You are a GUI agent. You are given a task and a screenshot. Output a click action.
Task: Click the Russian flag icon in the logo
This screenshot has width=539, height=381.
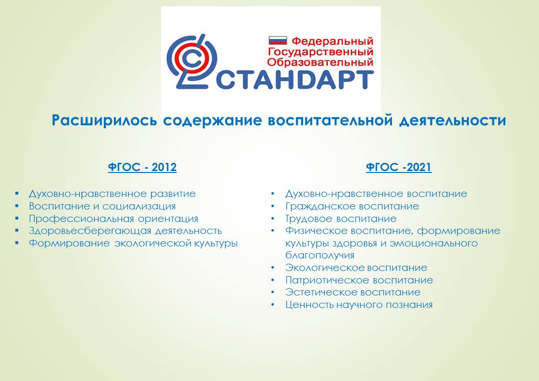pyautogui.click(x=277, y=40)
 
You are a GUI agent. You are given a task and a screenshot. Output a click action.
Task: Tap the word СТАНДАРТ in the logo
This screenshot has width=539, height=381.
pyautogui.click(x=294, y=80)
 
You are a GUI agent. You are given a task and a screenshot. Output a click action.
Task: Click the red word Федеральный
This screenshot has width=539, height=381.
pyautogui.click(x=332, y=41)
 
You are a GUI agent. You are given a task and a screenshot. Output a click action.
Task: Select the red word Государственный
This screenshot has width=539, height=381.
pyautogui.click(x=320, y=52)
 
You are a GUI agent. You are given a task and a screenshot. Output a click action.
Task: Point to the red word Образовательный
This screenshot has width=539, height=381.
pyautogui.click(x=320, y=62)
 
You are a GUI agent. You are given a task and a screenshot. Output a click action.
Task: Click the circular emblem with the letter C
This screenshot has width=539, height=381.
pyautogui.click(x=192, y=61)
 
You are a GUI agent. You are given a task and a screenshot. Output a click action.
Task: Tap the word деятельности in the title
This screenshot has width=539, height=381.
pyautogui.click(x=453, y=121)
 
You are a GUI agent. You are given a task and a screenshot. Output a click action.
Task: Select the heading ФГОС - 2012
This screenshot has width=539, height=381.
pyautogui.click(x=142, y=167)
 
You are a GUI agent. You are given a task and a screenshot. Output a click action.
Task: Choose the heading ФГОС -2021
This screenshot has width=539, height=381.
pyautogui.click(x=399, y=167)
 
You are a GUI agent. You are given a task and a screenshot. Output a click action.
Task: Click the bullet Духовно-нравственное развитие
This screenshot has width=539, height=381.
pyautogui.click(x=112, y=194)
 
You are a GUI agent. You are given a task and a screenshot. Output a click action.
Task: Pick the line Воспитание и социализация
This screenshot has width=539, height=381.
pyautogui.click(x=102, y=206)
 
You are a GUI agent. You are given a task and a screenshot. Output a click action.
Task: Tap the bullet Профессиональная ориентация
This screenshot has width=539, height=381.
pyautogui.click(x=113, y=219)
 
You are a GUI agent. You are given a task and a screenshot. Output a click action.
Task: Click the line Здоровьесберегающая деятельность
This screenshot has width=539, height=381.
pyautogui.click(x=125, y=231)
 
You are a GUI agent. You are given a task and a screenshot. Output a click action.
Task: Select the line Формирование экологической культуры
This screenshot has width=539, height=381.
pyautogui.click(x=133, y=243)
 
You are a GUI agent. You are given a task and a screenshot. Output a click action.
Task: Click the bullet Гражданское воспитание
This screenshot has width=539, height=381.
pyautogui.click(x=352, y=206)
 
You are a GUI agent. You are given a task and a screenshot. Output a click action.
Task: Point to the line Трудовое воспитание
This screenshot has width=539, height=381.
pyautogui.click(x=341, y=219)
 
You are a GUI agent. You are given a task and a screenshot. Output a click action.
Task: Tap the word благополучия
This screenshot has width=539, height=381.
pyautogui.click(x=319, y=256)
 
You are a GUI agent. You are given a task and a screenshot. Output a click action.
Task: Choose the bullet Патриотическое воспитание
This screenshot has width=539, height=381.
pyautogui.click(x=359, y=280)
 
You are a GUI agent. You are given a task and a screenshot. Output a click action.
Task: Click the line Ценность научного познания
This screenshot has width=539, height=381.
pyautogui.click(x=359, y=305)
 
